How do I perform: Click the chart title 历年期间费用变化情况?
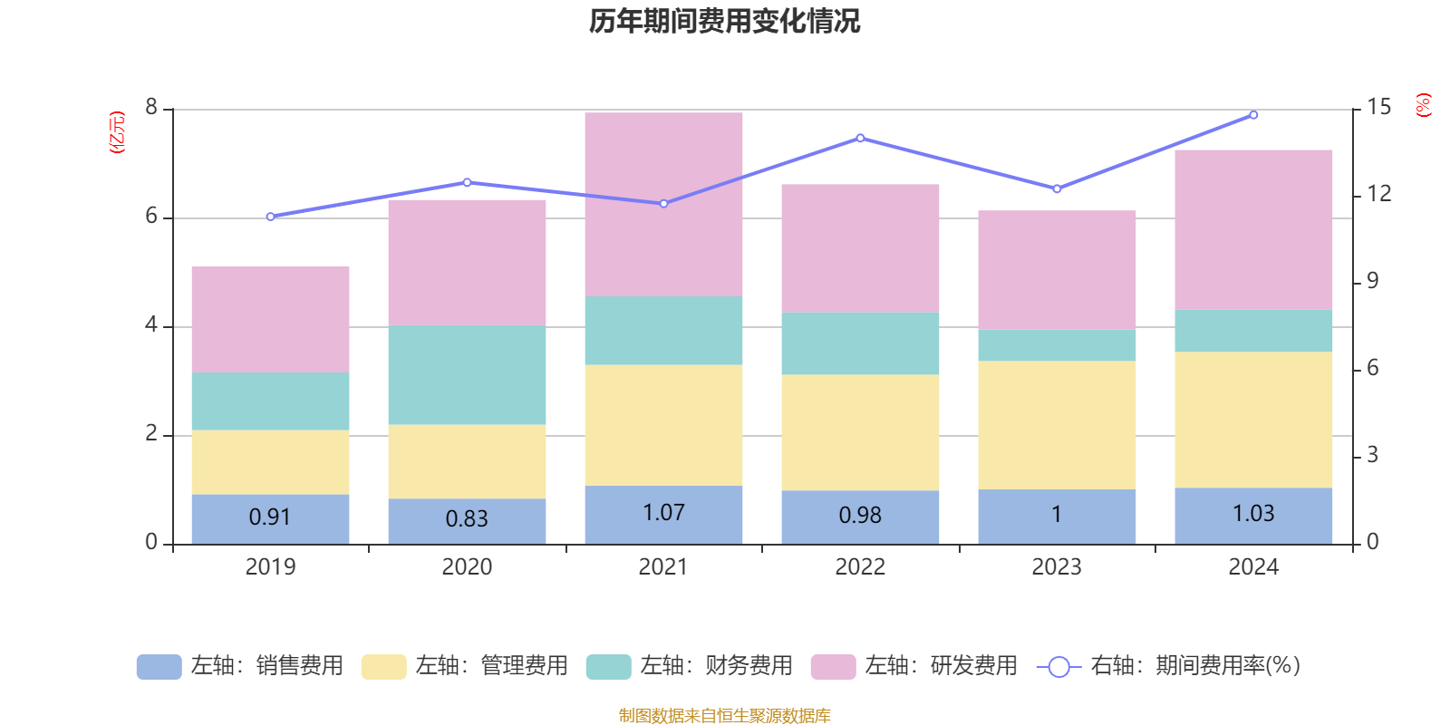tap(724, 22)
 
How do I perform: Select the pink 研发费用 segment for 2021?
tap(663, 204)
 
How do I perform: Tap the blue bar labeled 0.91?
tap(270, 518)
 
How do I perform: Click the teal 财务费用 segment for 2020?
tap(467, 375)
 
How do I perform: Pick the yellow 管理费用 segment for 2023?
tap(1057, 425)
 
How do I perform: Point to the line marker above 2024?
tap(1253, 115)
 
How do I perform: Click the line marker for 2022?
tap(860, 139)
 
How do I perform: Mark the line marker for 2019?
tap(270, 217)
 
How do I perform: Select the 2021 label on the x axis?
tap(663, 567)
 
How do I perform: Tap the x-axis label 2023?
tap(1057, 567)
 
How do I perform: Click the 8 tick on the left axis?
tap(151, 108)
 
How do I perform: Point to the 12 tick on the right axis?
tap(1379, 194)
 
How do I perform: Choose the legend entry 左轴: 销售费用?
tap(240, 666)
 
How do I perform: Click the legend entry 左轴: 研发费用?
tap(914, 666)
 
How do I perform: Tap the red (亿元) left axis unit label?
tap(117, 132)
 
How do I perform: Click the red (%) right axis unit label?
tap(1424, 105)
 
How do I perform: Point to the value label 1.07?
tap(663, 513)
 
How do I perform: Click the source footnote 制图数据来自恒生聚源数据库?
tap(724, 716)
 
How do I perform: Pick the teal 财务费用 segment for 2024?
tap(1253, 331)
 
